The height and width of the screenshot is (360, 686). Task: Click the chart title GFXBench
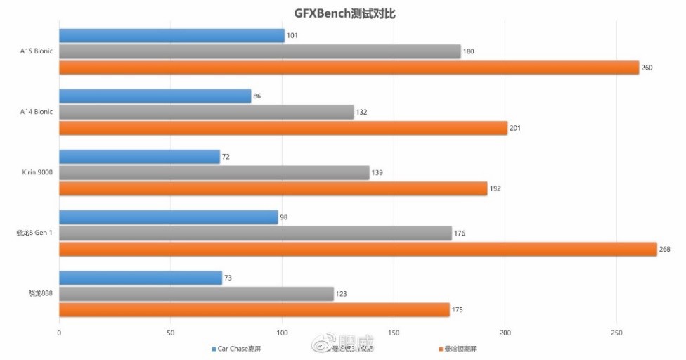pyautogui.click(x=342, y=13)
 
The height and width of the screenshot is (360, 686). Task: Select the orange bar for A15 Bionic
pyautogui.click(x=349, y=67)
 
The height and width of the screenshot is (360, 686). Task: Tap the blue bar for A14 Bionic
pyautogui.click(x=155, y=96)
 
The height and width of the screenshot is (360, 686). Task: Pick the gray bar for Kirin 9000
pyautogui.click(x=214, y=172)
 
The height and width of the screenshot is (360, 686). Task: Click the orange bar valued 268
pyautogui.click(x=358, y=249)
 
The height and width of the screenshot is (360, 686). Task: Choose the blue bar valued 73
pyautogui.click(x=140, y=278)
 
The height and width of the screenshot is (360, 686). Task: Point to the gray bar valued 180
pyautogui.click(x=259, y=51)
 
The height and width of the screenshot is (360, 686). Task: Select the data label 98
pyautogui.click(x=284, y=217)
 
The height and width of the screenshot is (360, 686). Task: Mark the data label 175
pyautogui.click(x=458, y=310)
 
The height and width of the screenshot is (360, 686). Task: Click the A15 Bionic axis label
pyautogui.click(x=37, y=51)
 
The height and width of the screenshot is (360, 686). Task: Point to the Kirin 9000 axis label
pyautogui.click(x=37, y=172)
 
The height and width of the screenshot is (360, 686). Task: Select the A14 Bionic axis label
pyautogui.click(x=37, y=112)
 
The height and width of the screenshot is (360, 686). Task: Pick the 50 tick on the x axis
pyautogui.click(x=171, y=332)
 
